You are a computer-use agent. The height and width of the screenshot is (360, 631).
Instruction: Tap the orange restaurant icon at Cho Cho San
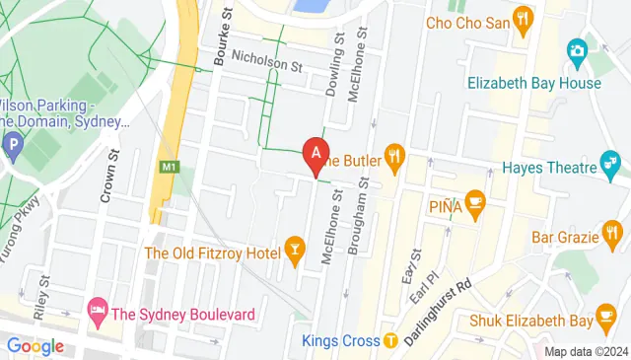point(524,18)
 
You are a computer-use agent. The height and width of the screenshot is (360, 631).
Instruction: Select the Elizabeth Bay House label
point(534,83)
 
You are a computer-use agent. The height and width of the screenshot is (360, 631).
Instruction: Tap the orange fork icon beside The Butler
point(395,154)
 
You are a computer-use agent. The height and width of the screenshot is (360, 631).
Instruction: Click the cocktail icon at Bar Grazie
point(613,236)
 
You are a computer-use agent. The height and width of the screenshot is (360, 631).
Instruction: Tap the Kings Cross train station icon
point(390,340)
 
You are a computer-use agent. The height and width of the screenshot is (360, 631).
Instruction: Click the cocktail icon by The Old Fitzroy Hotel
point(294,247)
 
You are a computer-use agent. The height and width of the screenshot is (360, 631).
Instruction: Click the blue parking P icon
point(13,148)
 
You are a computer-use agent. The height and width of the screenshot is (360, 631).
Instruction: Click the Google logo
point(35,346)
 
